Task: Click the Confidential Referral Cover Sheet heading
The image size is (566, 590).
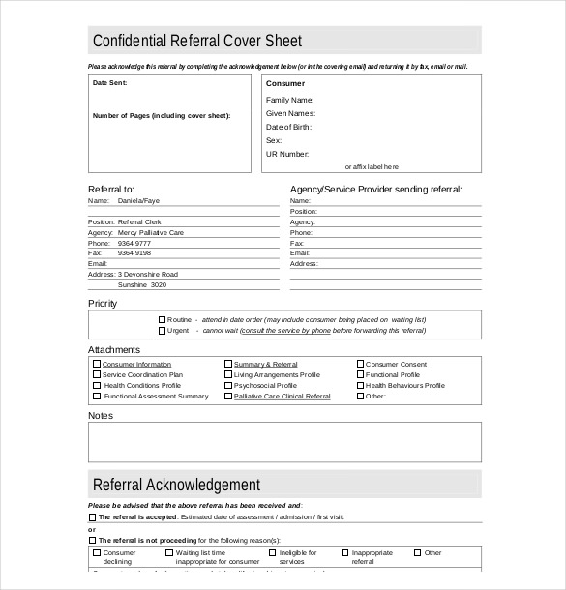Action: [x=196, y=41]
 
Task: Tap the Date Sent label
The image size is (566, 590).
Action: [x=109, y=83]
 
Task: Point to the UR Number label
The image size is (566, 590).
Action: [x=287, y=154]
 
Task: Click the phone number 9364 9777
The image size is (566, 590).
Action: [x=134, y=243]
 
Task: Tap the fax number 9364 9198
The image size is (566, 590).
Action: [x=134, y=253]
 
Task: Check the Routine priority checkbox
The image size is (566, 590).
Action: [x=162, y=319]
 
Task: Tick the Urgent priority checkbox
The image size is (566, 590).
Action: [x=162, y=330]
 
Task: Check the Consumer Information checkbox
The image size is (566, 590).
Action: [x=97, y=365]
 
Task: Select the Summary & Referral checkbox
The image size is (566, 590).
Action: [x=228, y=365]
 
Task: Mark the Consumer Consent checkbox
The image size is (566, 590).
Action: [x=360, y=365]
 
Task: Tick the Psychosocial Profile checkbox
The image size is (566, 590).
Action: [x=228, y=386]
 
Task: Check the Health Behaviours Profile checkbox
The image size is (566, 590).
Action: [x=360, y=386]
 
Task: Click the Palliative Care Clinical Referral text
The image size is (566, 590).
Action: [x=282, y=397]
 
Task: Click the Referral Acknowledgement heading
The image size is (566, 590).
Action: [x=176, y=485]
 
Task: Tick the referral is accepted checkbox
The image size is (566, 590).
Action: [x=93, y=517]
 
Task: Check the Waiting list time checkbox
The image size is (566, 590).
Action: [x=169, y=553]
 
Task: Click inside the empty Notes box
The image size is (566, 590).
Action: [x=284, y=442]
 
